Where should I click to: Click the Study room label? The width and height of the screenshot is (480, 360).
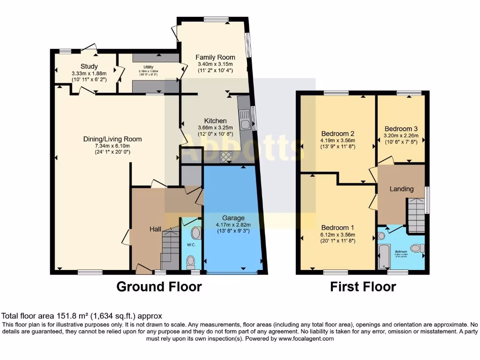[89, 66]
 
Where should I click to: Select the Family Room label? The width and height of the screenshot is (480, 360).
[215, 57]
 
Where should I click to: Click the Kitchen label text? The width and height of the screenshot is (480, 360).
[215, 121]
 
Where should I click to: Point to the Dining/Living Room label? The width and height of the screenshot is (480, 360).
[112, 139]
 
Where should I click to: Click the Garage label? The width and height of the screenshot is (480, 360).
[233, 218]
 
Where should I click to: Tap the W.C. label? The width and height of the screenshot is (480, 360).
[191, 244]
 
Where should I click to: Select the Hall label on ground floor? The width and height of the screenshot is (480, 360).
[155, 229]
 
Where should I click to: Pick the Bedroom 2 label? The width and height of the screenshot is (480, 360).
[337, 133]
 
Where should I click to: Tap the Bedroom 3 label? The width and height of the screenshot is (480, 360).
[401, 128]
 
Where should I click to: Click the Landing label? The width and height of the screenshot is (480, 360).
[402, 189]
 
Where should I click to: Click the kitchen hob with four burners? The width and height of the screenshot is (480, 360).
[226, 157]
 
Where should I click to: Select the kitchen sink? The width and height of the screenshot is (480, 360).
[245, 119]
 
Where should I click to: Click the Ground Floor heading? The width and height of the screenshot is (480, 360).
[159, 286]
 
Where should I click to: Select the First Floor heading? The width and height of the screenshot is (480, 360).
[363, 286]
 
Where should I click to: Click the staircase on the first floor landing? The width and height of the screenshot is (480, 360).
[416, 215]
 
